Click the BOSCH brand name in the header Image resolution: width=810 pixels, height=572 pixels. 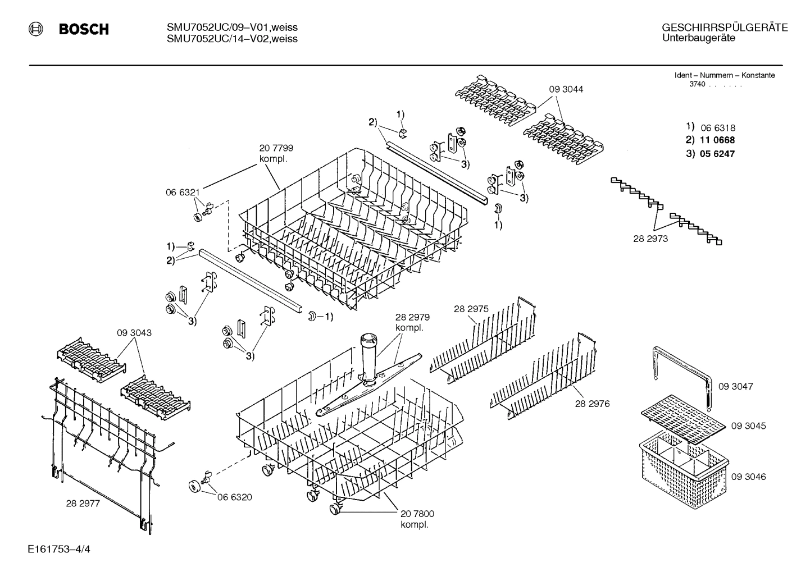click(84, 29)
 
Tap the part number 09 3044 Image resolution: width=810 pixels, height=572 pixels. click(566, 89)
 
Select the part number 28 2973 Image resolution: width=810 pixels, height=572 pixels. click(650, 239)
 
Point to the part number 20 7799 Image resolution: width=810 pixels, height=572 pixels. click(276, 148)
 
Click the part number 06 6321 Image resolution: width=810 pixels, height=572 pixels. click(183, 192)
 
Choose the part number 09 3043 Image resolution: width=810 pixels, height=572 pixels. click(134, 333)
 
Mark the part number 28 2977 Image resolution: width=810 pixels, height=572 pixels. click(83, 504)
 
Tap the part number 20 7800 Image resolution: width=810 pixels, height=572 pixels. click(417, 514)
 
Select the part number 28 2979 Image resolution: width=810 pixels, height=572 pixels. click(412, 318)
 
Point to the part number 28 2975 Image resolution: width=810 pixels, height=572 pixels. click(471, 309)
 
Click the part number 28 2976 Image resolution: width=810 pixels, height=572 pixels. click(592, 404)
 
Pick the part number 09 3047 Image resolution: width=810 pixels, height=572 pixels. click(735, 386)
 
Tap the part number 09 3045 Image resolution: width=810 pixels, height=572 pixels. click(748, 426)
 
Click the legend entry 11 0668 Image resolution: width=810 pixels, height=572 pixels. click(717, 140)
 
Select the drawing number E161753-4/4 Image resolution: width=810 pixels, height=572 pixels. click(58, 548)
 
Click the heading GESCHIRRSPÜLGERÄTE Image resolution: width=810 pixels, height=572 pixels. click(725, 28)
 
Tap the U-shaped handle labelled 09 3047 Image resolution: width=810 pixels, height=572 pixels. click(682, 365)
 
